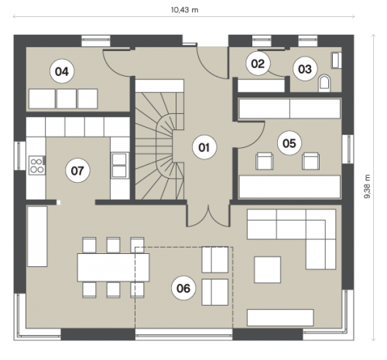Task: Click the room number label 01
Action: (204, 147)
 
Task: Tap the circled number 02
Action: (258, 63)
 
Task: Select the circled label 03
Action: (305, 69)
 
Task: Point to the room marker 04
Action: (62, 71)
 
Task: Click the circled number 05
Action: (289, 143)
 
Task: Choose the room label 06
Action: (183, 288)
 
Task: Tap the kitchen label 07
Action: (77, 170)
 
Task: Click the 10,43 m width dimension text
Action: (185, 10)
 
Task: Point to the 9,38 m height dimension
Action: (367, 187)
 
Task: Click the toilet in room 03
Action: (324, 83)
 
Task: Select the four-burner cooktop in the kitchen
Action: (37, 165)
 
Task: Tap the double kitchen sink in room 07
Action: (119, 165)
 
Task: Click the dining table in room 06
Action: (113, 267)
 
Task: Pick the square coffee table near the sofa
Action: (268, 269)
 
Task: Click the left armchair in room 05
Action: (265, 161)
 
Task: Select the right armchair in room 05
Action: (311, 161)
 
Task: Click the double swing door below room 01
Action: (208, 216)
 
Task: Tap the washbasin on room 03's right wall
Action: (336, 60)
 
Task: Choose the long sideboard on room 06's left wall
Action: (37, 236)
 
